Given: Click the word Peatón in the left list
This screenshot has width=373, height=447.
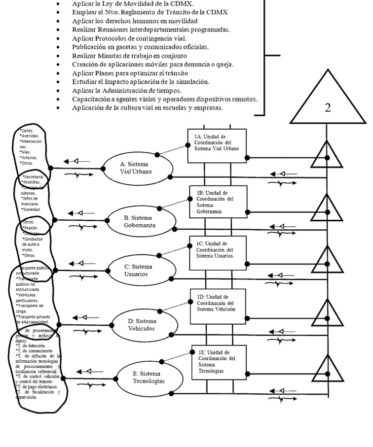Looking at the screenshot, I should pyautogui.click(x=31, y=229).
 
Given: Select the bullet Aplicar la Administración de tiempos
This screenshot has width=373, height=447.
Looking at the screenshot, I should pyautogui.click(x=133, y=90).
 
